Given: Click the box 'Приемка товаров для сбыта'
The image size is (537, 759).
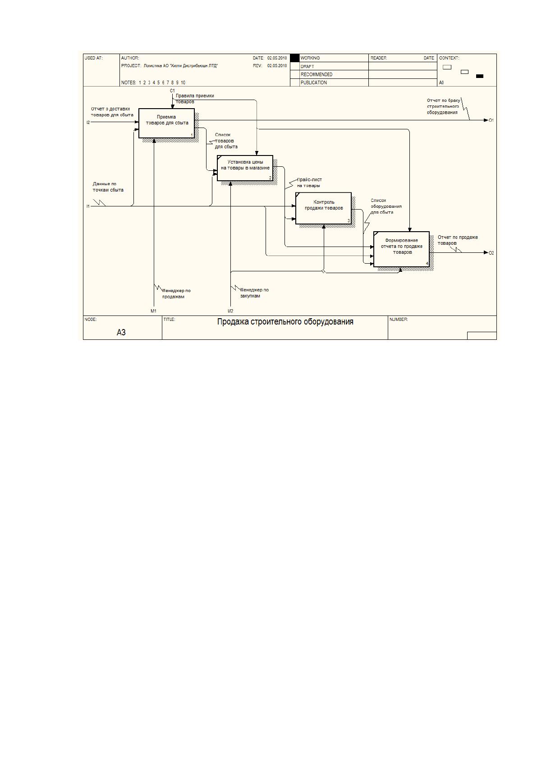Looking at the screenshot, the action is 166,123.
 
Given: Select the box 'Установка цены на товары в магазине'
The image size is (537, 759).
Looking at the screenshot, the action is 245,168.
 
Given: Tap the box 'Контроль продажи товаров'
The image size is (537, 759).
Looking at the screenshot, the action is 323,208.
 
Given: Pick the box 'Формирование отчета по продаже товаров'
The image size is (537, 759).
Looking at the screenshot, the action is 401,249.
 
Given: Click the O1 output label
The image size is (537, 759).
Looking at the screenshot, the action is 491,120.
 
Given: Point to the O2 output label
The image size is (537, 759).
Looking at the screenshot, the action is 491,253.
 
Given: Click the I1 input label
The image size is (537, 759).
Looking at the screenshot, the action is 88,206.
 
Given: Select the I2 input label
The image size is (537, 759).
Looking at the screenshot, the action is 88,122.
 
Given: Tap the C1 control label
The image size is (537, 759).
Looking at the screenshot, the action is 172,91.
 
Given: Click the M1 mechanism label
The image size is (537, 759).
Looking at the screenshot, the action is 154,311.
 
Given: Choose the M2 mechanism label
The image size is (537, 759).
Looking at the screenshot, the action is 230,311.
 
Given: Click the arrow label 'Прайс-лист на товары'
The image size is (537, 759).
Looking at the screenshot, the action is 309,183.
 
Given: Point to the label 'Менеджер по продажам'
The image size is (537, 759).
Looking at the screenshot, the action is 176,293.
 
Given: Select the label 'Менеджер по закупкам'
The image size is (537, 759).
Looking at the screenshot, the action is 254,293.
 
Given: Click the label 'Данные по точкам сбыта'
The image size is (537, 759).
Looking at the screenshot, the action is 108,187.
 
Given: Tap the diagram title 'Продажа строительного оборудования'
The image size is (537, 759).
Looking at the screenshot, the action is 285,322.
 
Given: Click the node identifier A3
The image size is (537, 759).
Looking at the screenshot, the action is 121,333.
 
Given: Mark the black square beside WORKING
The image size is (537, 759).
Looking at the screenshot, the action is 295,58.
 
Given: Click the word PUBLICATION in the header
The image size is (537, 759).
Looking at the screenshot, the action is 314,82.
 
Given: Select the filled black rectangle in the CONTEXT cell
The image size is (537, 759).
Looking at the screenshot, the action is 479,76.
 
